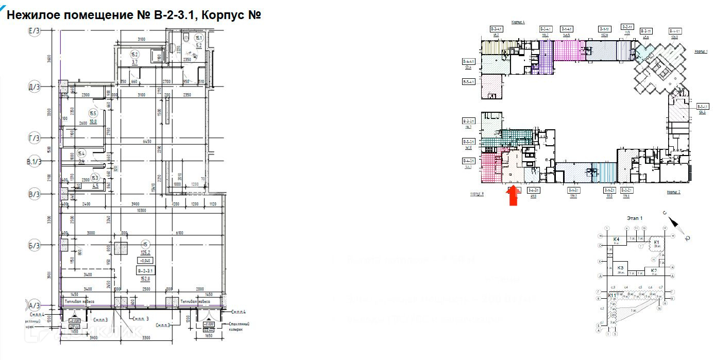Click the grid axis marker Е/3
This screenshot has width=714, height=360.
point(35,31)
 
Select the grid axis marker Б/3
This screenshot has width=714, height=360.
point(35,246)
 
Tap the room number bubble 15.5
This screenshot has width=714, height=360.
point(93,114)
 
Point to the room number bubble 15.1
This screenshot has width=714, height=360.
point(198,38)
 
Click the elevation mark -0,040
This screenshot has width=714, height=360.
point(146,260)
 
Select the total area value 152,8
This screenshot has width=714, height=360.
point(146,279)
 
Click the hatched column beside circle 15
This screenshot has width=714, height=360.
point(122,249)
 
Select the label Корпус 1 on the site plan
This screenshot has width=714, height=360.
point(701,52)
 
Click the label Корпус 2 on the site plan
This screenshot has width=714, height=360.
point(673,192)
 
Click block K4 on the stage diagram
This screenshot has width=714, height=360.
point(616,239)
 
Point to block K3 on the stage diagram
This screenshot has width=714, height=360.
point(621,268)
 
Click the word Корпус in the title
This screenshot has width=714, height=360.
point(223,14)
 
